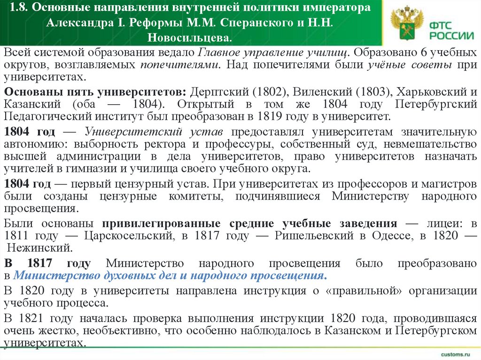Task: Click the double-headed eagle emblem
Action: tap(404, 23)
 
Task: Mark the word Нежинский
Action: tap(40, 247)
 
